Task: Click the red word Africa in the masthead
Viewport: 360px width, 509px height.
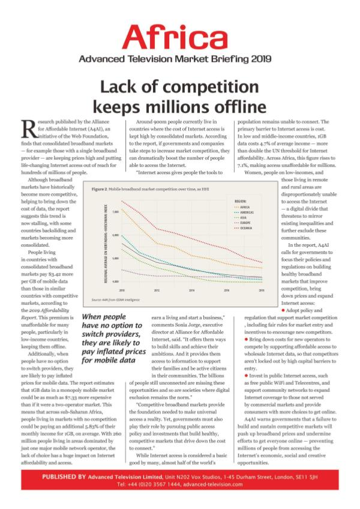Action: (180, 37)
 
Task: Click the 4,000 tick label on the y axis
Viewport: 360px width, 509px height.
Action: (115, 281)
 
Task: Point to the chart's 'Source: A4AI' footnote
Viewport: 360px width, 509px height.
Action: (114, 299)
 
